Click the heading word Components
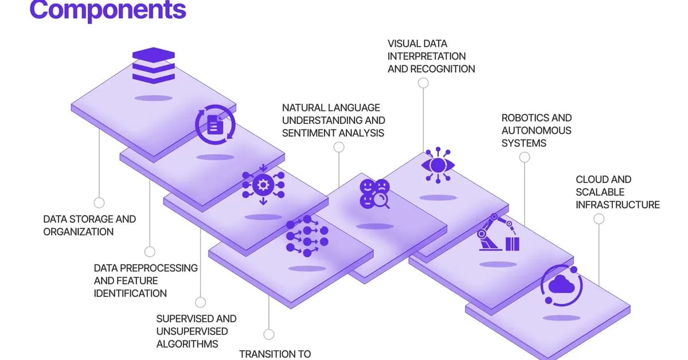point(108,10)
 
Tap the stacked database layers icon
point(153,66)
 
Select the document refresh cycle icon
point(215,124)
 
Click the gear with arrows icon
point(263,185)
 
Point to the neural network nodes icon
point(307,235)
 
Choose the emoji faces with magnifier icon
point(374,194)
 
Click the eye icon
point(439,165)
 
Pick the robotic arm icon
point(497,233)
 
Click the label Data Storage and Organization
point(89,225)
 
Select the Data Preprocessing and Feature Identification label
point(146,280)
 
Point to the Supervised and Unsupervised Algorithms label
point(196,331)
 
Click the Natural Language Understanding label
point(333,120)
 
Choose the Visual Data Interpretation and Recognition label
point(431,56)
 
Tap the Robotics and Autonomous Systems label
point(537,130)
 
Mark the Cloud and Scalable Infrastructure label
point(617,192)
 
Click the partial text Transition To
point(275,354)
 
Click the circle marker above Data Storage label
point(99,202)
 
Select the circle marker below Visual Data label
point(423,83)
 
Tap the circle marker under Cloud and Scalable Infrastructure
point(599,218)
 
